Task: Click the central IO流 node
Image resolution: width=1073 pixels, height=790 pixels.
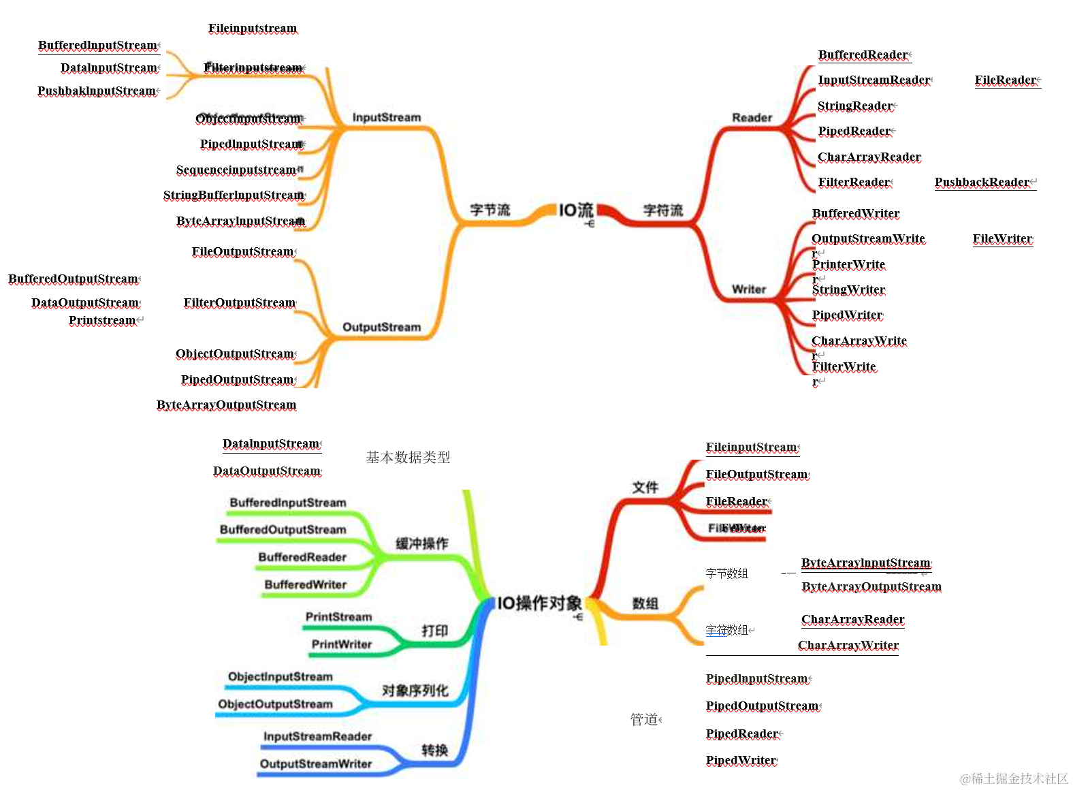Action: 576,210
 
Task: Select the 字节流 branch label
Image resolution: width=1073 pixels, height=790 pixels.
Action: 490,210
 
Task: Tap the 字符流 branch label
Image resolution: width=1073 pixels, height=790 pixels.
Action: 662,210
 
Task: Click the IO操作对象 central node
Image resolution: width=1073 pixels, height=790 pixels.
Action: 539,603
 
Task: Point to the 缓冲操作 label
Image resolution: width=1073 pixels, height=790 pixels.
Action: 422,543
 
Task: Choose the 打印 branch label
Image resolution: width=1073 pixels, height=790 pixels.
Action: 434,631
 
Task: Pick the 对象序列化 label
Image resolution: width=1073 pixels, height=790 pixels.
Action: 415,691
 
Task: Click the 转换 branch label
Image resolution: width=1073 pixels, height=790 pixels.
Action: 434,750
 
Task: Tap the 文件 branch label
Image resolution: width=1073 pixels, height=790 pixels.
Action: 645,487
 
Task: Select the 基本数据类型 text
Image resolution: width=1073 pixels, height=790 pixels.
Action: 408,458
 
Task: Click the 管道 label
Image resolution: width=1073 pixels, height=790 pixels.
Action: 644,719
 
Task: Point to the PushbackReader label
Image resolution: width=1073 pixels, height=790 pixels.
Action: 982,182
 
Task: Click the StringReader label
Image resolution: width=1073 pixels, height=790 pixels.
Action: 855,106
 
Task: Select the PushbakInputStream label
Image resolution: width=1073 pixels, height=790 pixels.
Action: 97,91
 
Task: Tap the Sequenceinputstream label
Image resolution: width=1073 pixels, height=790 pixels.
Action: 236,170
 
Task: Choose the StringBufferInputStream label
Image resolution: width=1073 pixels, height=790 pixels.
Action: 234,195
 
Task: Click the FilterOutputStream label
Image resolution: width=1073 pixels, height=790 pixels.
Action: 240,302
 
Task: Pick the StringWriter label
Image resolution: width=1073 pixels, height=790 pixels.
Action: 848,289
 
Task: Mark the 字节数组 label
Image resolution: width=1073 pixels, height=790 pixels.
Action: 726,573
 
